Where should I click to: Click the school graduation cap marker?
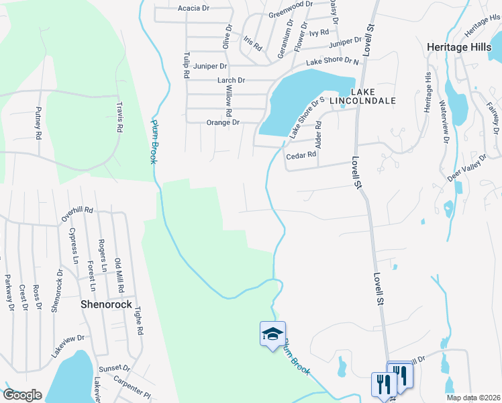point(272,334)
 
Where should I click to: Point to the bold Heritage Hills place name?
point(463,47)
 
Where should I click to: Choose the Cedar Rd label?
point(301,156)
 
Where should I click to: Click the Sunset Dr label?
point(113,368)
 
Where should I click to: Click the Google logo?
point(22,395)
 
